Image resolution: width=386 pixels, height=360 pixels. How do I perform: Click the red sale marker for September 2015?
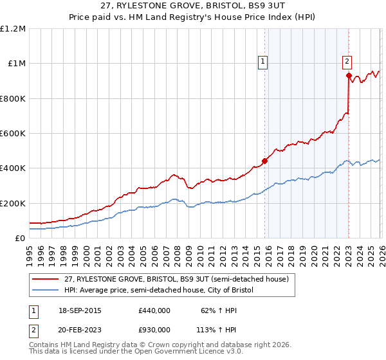tap(264, 161)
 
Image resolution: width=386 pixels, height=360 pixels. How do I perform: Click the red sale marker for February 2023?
tap(349, 76)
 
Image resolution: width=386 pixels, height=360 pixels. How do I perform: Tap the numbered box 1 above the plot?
tap(263, 62)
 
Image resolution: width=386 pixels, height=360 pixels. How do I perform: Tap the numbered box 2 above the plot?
tap(347, 62)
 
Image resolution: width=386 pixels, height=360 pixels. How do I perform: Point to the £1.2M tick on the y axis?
tap(13, 29)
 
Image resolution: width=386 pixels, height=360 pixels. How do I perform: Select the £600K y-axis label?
tap(13, 134)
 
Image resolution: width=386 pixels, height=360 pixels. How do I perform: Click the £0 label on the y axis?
tap(20, 238)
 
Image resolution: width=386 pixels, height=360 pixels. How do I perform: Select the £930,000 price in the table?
tap(154, 330)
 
